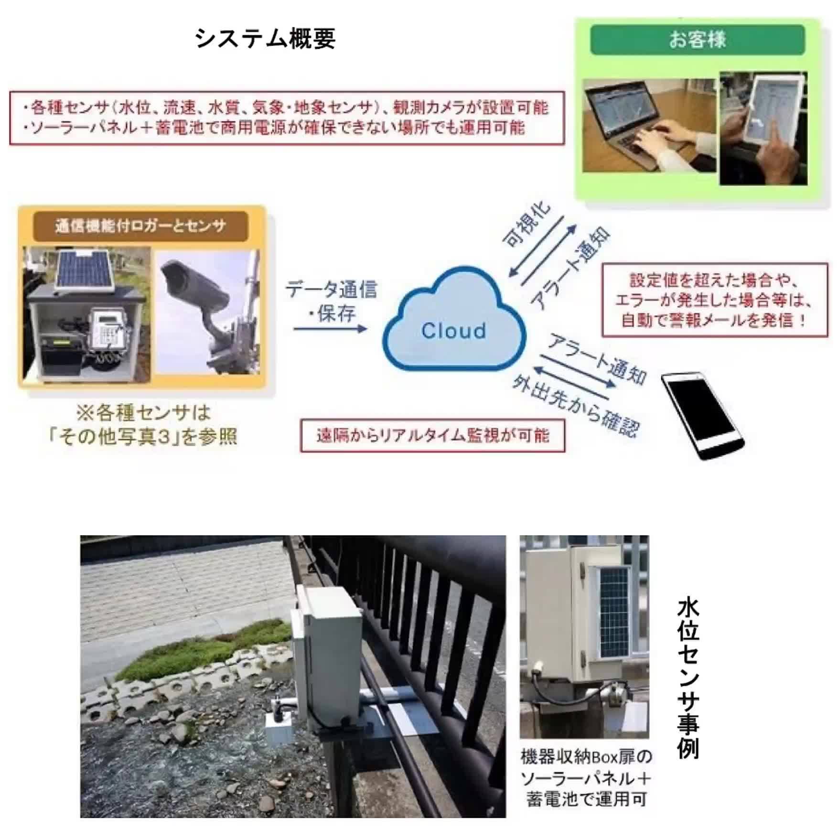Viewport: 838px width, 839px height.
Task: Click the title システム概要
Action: click(265, 39)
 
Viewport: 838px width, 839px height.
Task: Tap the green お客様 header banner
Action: click(698, 40)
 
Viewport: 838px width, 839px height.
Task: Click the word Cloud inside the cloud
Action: click(453, 331)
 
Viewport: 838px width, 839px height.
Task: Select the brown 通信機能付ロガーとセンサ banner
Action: click(140, 226)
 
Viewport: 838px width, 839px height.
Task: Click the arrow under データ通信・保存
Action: click(330, 329)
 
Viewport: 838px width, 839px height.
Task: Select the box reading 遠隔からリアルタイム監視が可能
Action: click(432, 435)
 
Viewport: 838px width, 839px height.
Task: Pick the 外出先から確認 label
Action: click(576, 406)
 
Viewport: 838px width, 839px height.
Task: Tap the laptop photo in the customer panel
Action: click(649, 126)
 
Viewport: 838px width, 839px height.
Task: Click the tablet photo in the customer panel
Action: click(763, 128)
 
